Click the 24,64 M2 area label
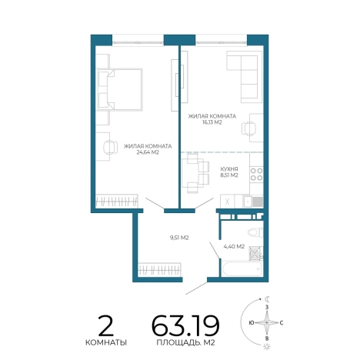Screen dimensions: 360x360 pyautogui.click(x=148, y=152)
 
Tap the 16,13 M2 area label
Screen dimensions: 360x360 pyautogui.click(x=212, y=122)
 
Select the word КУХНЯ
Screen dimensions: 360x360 pyautogui.click(x=229, y=169)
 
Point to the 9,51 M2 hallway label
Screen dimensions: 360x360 pyautogui.click(x=179, y=238)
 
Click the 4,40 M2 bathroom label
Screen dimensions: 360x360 pyautogui.click(x=234, y=246)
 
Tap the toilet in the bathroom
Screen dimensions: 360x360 pyautogui.click(x=255, y=232)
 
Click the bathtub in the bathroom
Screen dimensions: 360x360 pyautogui.click(x=242, y=268)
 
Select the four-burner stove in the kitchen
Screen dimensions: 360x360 pyautogui.click(x=256, y=174)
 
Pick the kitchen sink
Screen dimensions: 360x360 pyautogui.click(x=248, y=202)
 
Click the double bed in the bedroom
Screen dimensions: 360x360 pyautogui.click(x=120, y=89)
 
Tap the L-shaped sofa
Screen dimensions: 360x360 pyautogui.click(x=245, y=76)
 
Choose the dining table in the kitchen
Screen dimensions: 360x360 pyautogui.click(x=190, y=173)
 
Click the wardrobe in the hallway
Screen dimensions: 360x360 pyautogui.click(x=159, y=270)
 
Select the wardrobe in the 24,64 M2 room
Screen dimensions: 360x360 pyautogui.click(x=117, y=201)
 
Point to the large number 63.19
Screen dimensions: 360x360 pyautogui.click(x=185, y=325)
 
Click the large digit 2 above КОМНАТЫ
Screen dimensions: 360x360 pyautogui.click(x=105, y=325)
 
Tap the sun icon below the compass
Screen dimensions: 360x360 pyautogui.click(x=267, y=347)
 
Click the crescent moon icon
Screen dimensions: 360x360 pyautogui.click(x=267, y=299)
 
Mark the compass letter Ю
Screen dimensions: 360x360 pyautogui.click(x=252, y=322)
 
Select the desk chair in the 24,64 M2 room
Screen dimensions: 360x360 pyautogui.click(x=110, y=148)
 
